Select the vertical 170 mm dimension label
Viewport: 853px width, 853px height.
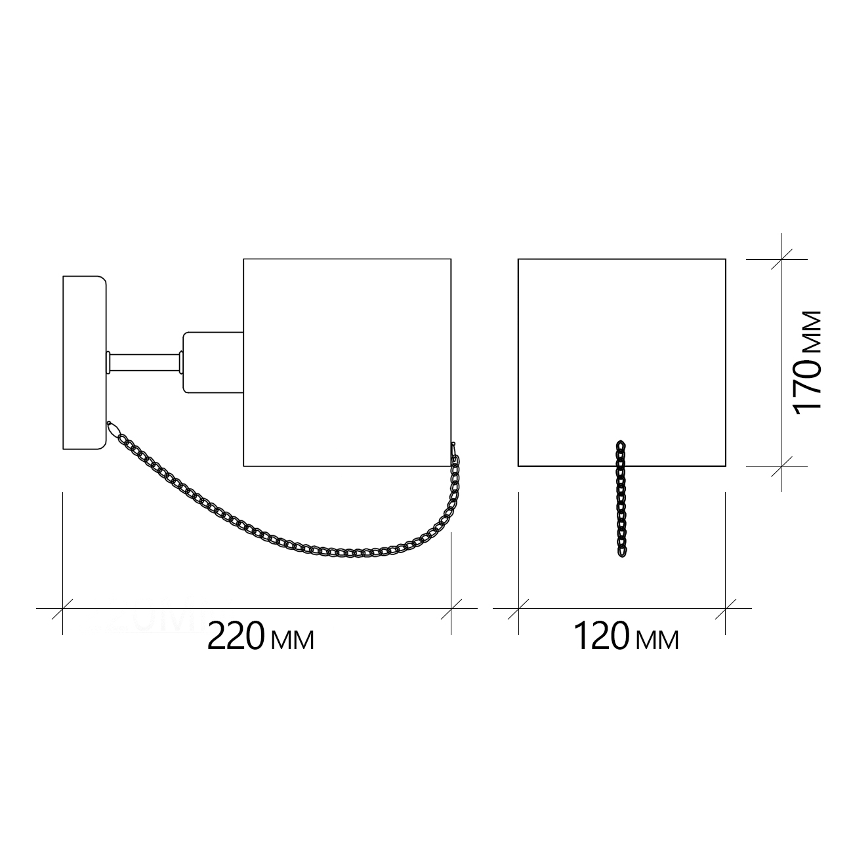[809, 363]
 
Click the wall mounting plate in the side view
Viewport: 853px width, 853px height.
[85, 363]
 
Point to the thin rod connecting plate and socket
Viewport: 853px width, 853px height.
[145, 362]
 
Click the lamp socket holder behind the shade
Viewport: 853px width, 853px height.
[213, 362]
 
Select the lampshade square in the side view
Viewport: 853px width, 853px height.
[347, 363]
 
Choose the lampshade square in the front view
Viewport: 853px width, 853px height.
[622, 363]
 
